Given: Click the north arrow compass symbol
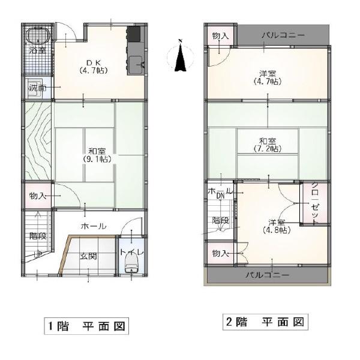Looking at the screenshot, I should [x=179, y=56].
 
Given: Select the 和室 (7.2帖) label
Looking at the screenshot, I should [x=266, y=144].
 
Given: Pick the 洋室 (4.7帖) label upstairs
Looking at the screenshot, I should [x=267, y=77].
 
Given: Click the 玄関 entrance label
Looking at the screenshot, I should [x=89, y=256].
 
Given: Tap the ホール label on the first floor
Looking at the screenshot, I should [x=94, y=226].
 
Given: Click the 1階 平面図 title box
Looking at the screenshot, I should [x=86, y=326].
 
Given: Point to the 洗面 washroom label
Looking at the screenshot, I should [x=37, y=88].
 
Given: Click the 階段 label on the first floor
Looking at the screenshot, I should [x=38, y=236].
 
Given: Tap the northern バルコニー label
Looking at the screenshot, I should [x=283, y=35].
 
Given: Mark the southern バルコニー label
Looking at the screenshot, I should [x=268, y=275].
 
